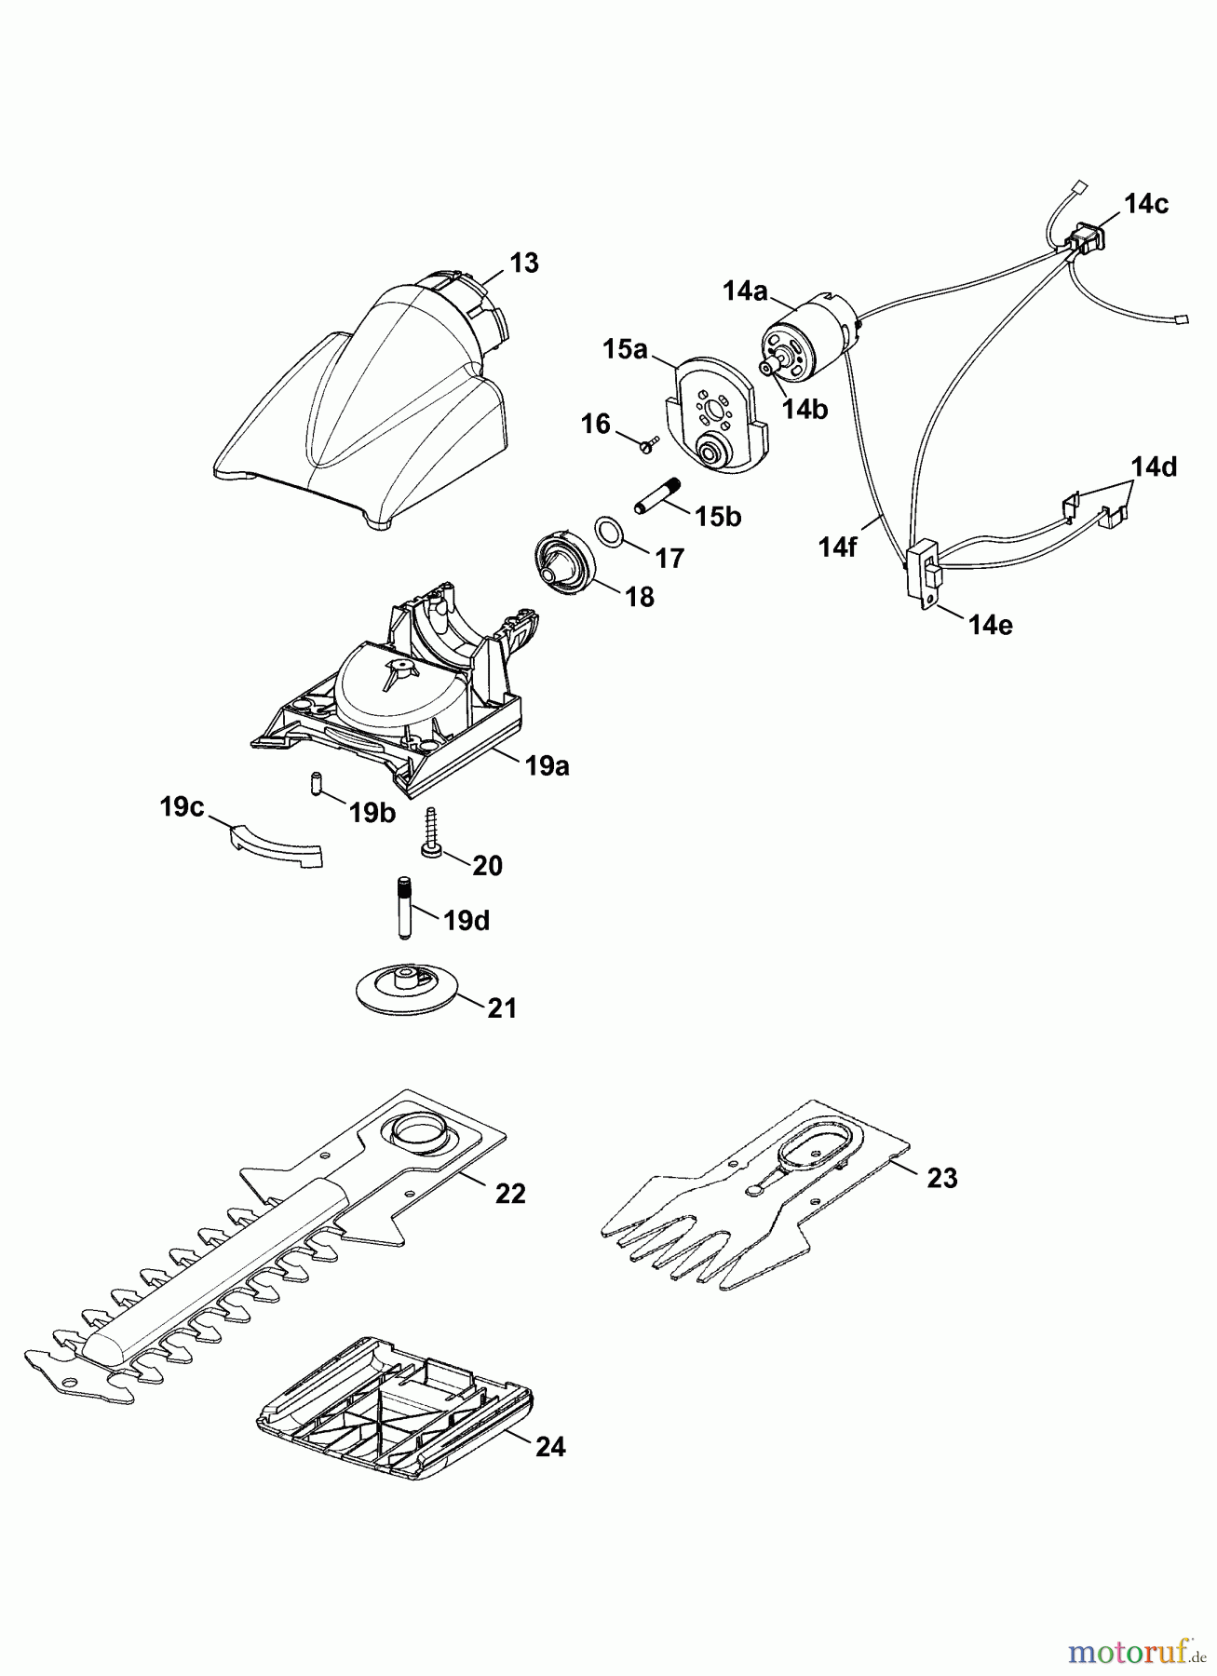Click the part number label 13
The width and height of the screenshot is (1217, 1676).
[524, 264]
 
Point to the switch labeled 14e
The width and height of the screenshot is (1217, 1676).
[924, 576]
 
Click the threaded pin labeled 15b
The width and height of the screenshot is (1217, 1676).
[657, 494]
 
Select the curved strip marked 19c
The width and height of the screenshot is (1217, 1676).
[276, 844]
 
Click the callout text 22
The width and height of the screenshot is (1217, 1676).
[510, 1193]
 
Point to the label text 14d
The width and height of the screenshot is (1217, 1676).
[1154, 466]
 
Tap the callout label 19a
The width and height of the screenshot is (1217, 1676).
[547, 766]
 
